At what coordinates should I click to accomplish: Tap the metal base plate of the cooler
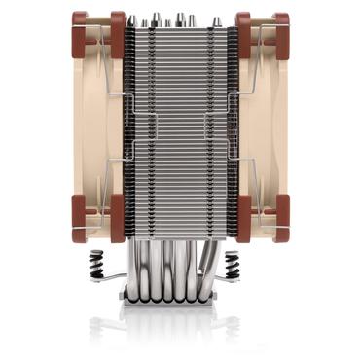(x=180, y=305)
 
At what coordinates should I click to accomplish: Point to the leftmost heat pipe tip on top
(x=144, y=19)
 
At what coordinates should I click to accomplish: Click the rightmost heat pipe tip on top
(x=216, y=19)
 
